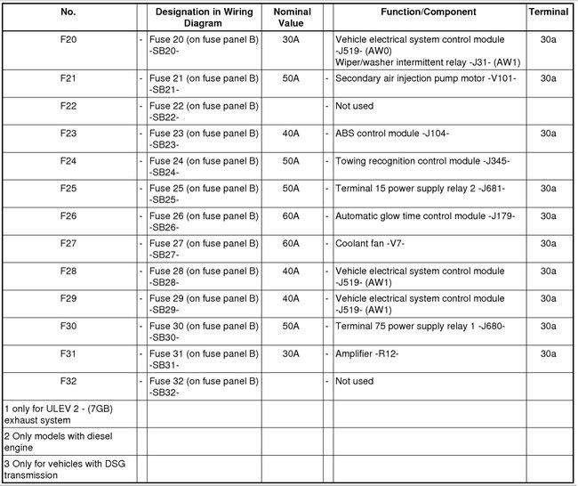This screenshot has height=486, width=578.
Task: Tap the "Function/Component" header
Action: (x=428, y=12)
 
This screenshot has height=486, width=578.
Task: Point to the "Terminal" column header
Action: (x=549, y=12)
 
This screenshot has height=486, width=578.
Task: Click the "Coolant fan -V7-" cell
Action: (x=370, y=244)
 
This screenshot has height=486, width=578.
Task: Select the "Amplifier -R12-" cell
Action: (x=366, y=354)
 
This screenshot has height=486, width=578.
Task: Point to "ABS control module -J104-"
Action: (x=392, y=134)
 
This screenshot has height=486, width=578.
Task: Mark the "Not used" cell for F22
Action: (x=354, y=106)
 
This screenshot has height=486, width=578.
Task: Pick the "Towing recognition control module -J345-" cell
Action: (x=422, y=161)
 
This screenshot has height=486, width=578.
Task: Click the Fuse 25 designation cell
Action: (x=202, y=194)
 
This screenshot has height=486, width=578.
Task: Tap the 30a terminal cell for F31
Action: (x=549, y=354)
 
